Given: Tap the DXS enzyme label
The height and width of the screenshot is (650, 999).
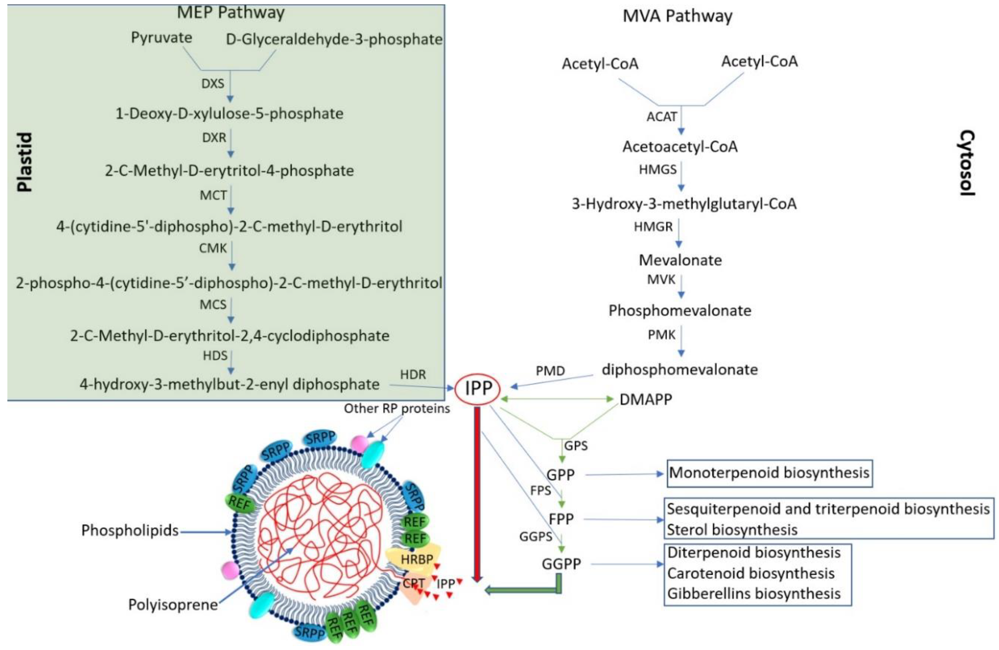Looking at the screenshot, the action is coord(213,84).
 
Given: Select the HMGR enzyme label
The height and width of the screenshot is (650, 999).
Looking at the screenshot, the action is coord(653,227).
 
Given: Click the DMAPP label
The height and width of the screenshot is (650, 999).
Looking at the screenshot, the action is coord(645,399).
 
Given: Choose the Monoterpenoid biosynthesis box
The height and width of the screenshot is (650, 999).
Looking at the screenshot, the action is coord(769,473).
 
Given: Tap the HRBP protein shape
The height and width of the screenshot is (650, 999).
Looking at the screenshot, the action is coord(414,560).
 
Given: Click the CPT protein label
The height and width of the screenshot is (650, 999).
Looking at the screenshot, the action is coord(414,583).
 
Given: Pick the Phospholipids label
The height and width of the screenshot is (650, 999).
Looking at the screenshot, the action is coord(130,530).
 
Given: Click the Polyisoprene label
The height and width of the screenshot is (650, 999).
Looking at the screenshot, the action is coord(173,605).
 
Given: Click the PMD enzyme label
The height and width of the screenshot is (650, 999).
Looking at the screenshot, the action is coord(550,371).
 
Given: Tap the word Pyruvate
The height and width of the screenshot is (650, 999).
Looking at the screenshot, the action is coord(161,38).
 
